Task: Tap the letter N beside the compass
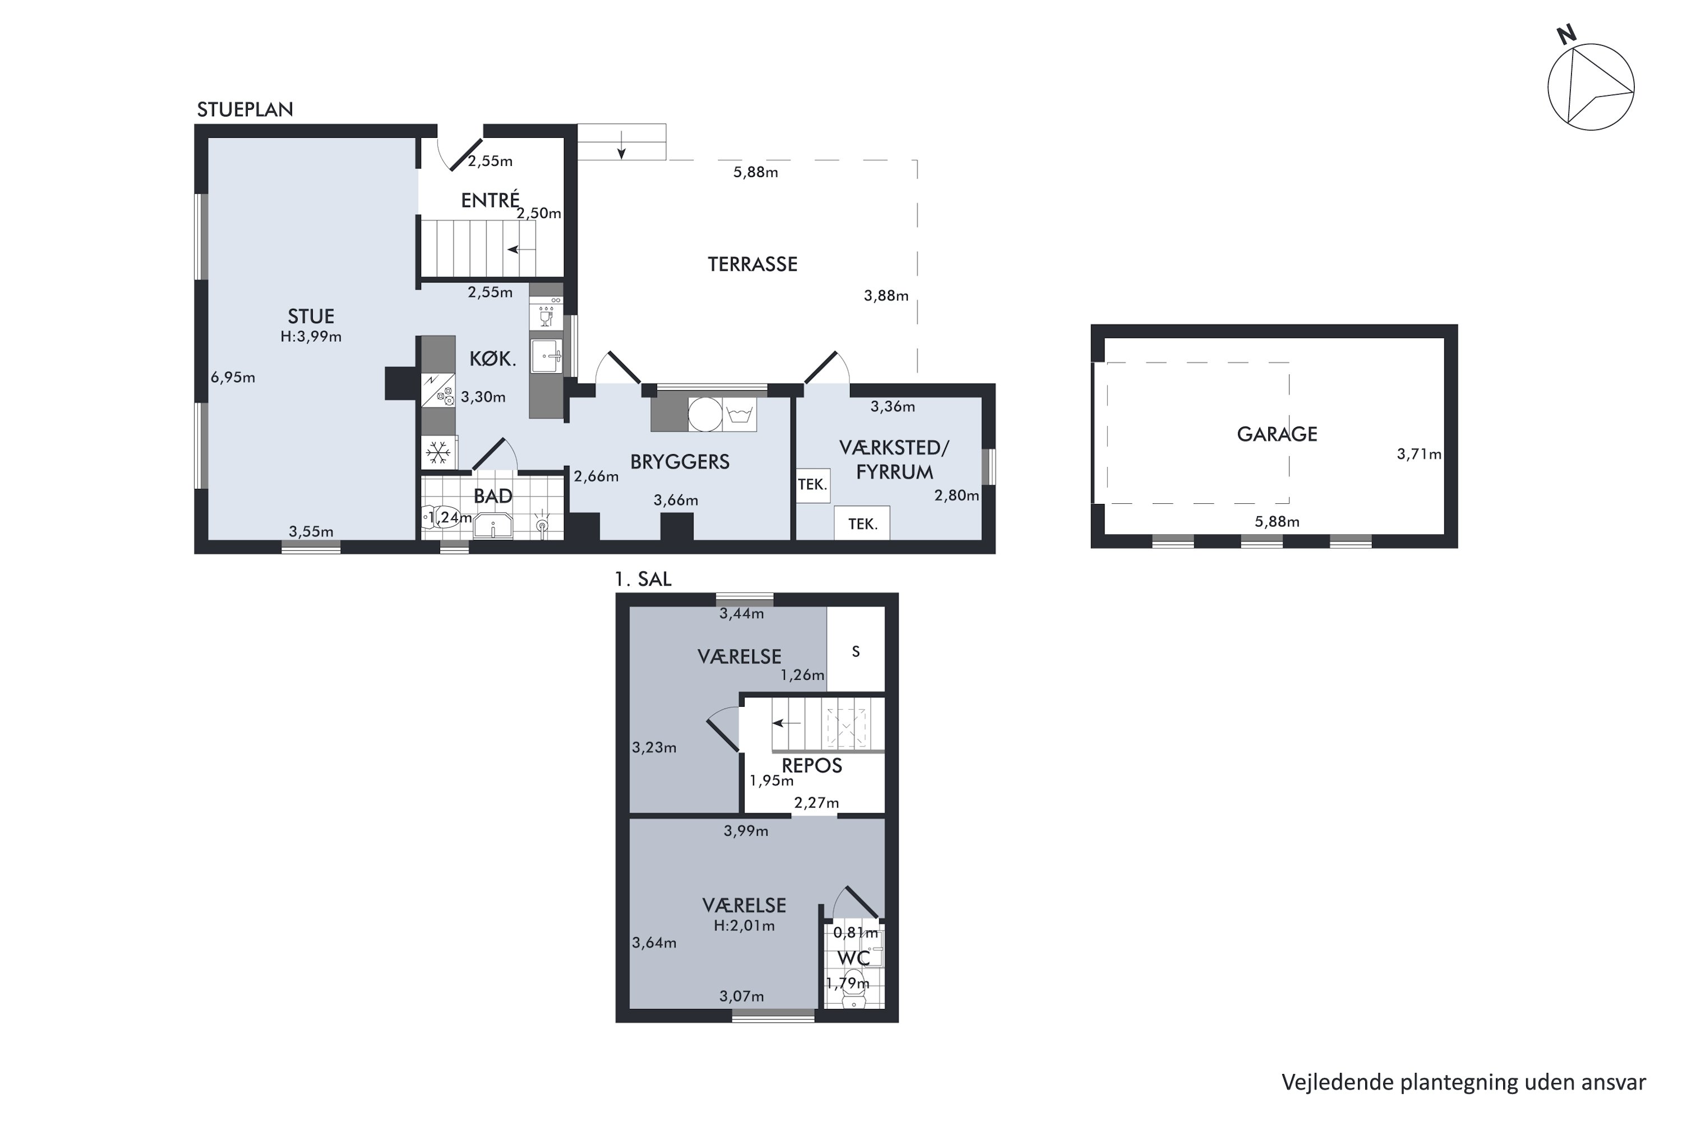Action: point(1566,34)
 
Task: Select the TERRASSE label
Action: point(752,265)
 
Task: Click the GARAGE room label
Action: point(1277,434)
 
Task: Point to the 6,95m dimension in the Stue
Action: point(233,377)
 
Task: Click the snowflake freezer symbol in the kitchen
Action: point(438,452)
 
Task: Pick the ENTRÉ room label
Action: point(490,201)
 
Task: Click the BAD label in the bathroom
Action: point(493,496)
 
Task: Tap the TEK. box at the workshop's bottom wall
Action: point(862,524)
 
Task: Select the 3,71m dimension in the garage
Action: point(1419,454)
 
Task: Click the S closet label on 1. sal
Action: point(856,651)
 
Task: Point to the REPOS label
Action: point(812,766)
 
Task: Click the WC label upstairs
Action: point(853,958)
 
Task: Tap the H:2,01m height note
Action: point(744,926)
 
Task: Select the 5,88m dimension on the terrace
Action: point(755,172)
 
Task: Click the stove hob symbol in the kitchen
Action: point(438,390)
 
